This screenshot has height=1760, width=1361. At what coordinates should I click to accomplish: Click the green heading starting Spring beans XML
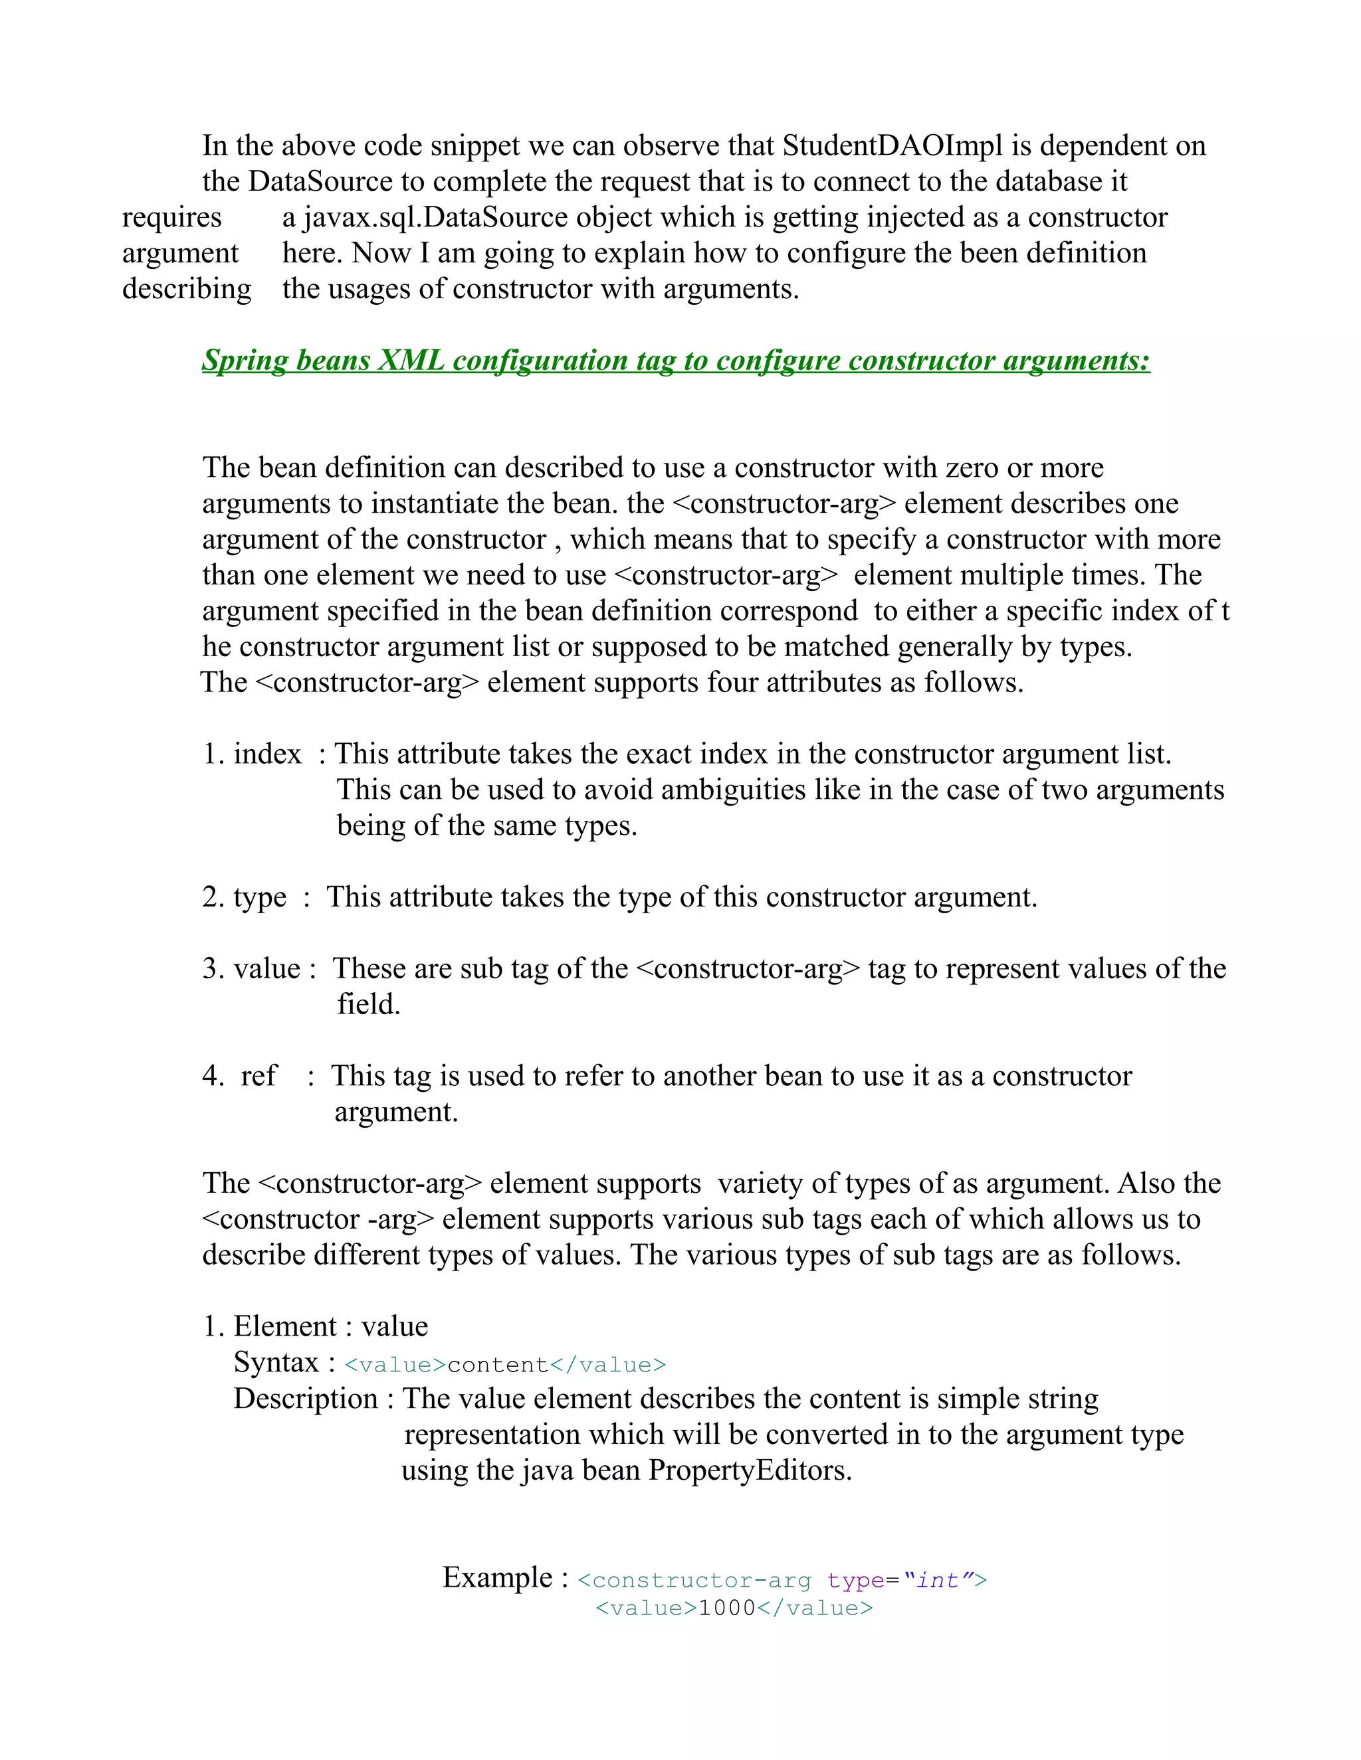coord(676,360)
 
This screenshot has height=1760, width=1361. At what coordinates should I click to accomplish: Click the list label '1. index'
coord(252,754)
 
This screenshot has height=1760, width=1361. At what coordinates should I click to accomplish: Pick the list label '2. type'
coord(245,897)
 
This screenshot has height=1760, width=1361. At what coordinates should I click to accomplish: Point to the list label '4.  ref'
coord(241,1076)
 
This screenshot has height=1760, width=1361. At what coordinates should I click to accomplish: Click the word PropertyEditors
coord(749,1470)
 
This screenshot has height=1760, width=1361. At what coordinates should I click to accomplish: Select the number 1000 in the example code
coord(726,1609)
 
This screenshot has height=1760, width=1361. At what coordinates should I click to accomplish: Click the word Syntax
coord(276,1363)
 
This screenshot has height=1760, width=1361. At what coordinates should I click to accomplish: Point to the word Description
coord(306,1399)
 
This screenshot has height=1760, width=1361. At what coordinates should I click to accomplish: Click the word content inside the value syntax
coord(498,1365)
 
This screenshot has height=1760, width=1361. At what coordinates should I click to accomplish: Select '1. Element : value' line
coord(315,1326)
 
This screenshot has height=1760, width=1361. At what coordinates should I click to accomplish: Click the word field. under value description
coord(368,1005)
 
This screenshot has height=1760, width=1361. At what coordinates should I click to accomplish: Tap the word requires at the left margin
coord(171,218)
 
